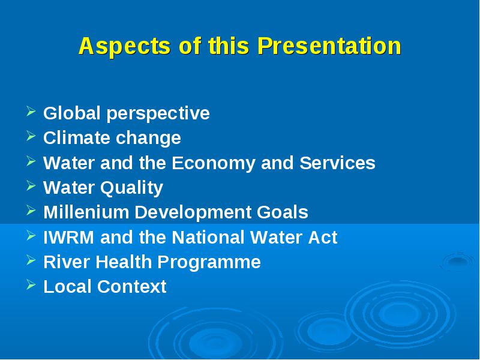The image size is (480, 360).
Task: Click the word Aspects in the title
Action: [124, 47]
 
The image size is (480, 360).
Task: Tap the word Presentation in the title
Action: [329, 46]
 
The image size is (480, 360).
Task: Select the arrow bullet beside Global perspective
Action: [31, 111]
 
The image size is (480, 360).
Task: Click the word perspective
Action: [158, 114]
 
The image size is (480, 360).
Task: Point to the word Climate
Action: [77, 138]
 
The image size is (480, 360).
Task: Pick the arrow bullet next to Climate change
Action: [31, 136]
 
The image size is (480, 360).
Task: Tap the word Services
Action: [337, 163]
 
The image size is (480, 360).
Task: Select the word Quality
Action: [131, 188]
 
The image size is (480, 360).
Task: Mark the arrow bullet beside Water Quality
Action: [31, 185]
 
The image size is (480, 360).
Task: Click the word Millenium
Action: [86, 212]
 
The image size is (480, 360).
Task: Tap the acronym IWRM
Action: [68, 237]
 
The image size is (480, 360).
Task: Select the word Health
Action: [124, 262]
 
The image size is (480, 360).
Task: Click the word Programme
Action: [209, 263]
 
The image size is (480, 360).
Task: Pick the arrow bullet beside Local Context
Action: [31, 284]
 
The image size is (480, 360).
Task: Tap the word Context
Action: [131, 287]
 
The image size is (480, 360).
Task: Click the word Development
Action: [193, 213]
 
